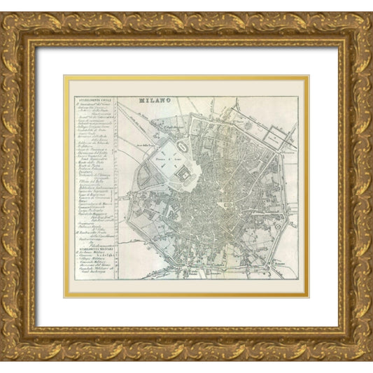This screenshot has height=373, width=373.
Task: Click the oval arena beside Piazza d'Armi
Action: click(181, 148)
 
